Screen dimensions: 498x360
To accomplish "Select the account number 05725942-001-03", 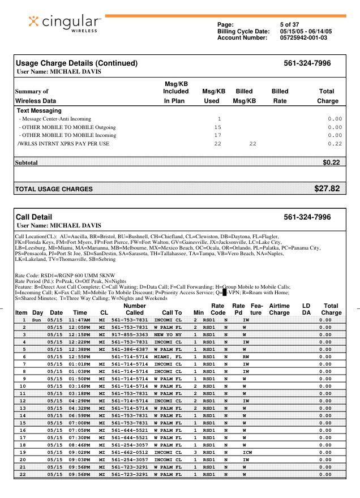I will click(303, 38).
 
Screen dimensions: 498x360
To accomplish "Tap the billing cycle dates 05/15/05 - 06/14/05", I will click(306, 31).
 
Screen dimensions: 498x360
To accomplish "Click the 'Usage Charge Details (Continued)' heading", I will click(76, 63).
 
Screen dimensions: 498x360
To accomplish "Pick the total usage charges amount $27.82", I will click(327, 188).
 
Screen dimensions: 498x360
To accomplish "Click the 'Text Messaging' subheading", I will click(39, 111).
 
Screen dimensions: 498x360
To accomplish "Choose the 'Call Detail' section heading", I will click(33, 217).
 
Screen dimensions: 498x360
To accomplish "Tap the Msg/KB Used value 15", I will click(217, 127).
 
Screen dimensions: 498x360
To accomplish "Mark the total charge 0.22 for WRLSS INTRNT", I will click(335, 144).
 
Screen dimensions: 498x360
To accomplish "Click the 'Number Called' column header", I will click(134, 309).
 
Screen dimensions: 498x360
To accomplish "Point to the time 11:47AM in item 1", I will click(80, 320).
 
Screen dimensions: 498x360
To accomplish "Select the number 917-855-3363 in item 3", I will click(130, 334).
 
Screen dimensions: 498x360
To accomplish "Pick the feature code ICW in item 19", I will click(247, 452).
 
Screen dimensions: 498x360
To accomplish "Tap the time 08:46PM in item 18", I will click(80, 445).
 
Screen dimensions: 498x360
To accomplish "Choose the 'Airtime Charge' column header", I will click(279, 309).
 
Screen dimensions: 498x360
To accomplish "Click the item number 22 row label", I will click(23, 474).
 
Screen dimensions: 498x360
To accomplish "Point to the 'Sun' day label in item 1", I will click(37, 320).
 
